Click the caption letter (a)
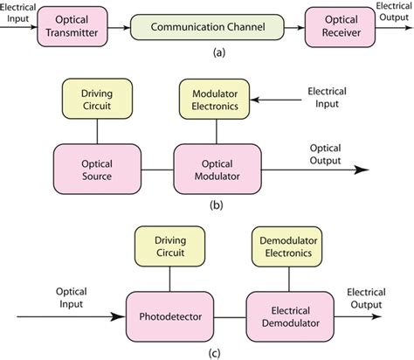[x=207, y=52]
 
